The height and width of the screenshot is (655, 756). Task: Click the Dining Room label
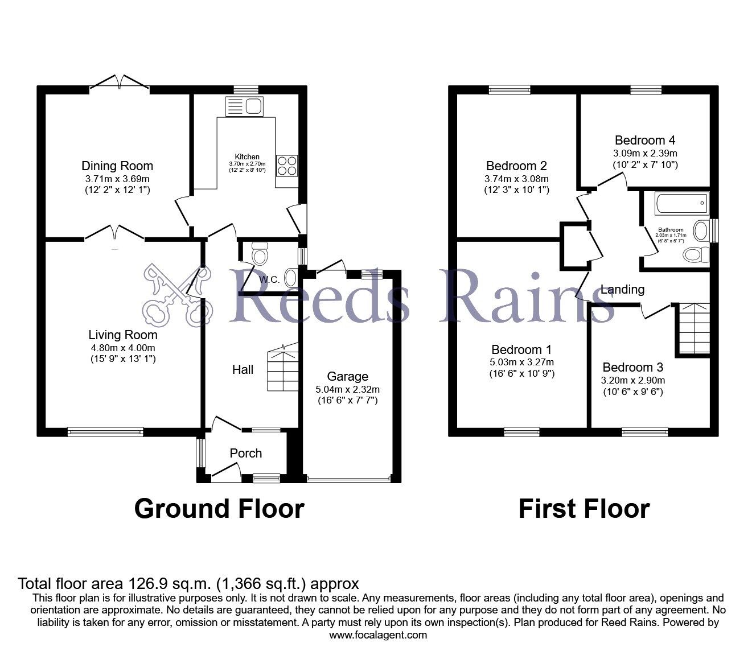click(117, 166)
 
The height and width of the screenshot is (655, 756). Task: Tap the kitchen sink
click(244, 106)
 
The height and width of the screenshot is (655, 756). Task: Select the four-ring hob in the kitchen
click(287, 166)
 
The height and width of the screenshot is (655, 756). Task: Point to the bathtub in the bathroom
click(682, 203)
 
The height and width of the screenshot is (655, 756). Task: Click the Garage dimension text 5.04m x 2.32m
click(347, 389)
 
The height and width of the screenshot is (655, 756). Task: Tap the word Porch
click(246, 454)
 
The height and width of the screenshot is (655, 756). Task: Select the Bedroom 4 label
click(645, 140)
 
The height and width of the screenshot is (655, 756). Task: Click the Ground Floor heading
click(219, 509)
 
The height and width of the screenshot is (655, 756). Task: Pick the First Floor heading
click(584, 509)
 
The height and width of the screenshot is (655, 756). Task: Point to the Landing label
click(622, 290)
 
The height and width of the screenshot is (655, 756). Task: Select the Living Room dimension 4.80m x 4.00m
click(123, 348)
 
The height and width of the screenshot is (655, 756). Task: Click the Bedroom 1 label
click(521, 349)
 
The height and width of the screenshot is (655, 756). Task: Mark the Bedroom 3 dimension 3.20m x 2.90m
click(632, 380)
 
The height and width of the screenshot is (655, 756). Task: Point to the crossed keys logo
click(178, 295)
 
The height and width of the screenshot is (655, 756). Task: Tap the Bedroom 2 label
click(516, 166)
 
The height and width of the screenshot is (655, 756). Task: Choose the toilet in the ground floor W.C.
click(260, 253)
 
